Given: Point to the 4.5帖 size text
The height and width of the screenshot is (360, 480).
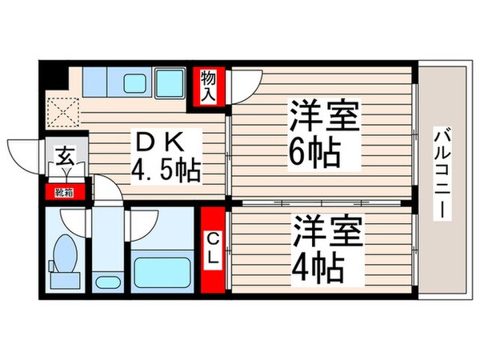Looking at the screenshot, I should (x=166, y=170).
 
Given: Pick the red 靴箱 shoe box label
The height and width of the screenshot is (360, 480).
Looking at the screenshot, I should (x=63, y=191).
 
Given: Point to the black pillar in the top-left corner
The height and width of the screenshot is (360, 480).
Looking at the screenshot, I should (x=54, y=78).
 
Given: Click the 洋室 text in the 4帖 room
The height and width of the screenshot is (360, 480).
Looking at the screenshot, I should (x=329, y=230).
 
